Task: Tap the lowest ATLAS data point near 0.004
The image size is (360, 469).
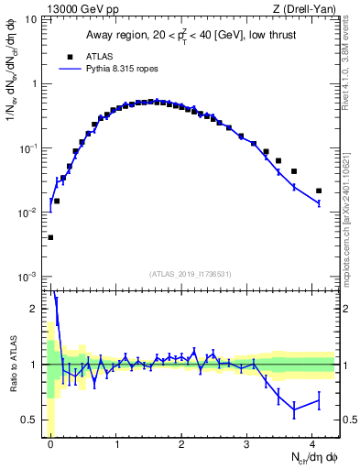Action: click(50, 237)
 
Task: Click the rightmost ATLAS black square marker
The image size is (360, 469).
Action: click(319, 191)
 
